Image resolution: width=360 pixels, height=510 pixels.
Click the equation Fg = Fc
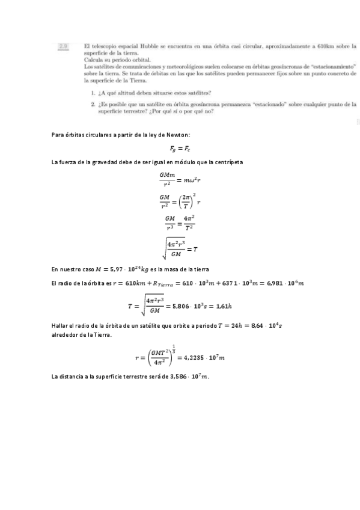pos(180,149)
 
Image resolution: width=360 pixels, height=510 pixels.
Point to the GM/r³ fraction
pos(169,223)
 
